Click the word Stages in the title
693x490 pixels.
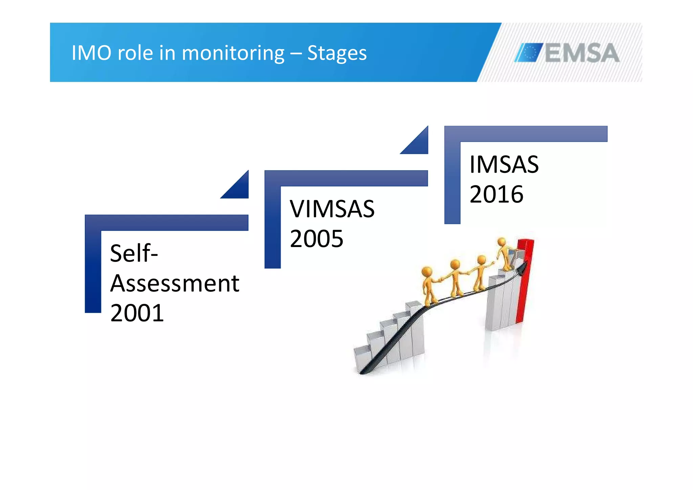click(x=337, y=53)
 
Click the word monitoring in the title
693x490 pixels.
click(x=233, y=53)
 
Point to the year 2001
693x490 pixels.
click(x=137, y=313)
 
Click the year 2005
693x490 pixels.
click(x=316, y=239)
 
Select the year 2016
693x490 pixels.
click(x=496, y=194)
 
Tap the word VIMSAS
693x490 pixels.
click(x=332, y=209)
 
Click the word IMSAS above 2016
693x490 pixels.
click(x=504, y=164)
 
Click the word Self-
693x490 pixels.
click(x=134, y=253)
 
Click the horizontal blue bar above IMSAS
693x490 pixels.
click(x=526, y=134)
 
